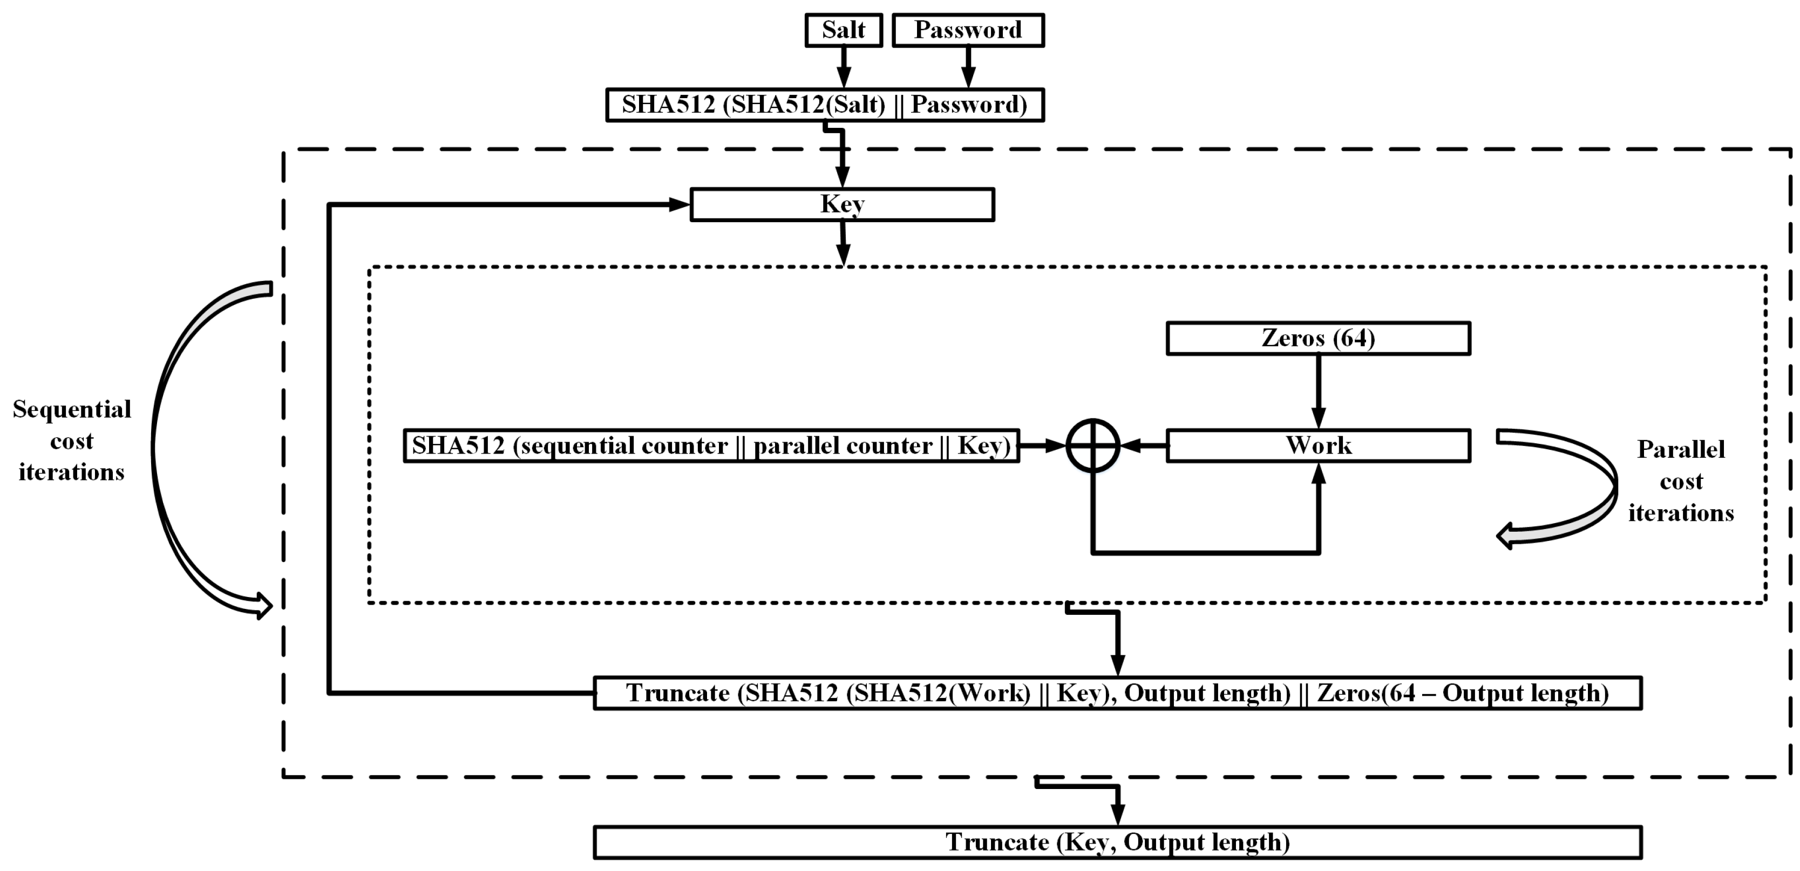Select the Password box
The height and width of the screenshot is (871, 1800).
click(x=968, y=30)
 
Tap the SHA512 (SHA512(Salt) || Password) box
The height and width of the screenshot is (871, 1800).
click(x=825, y=105)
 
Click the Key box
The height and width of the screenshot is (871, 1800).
click(x=842, y=204)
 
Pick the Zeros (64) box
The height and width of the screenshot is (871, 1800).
click(x=1318, y=338)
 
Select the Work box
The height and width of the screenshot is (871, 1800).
click(x=1318, y=445)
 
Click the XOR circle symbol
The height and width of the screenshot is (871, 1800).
click(x=1093, y=445)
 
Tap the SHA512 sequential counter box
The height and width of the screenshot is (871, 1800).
click(x=711, y=445)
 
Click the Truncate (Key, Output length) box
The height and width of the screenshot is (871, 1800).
click(x=1117, y=842)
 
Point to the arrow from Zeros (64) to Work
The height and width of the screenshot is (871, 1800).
click(x=1318, y=391)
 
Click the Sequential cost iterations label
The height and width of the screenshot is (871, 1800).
click(x=71, y=441)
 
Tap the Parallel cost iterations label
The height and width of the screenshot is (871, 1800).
click(x=1681, y=481)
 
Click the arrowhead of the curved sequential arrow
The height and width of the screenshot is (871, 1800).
click(x=263, y=605)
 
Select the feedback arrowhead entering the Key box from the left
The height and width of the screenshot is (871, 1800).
click(x=679, y=204)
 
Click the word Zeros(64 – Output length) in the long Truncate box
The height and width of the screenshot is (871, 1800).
click(x=1463, y=694)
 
